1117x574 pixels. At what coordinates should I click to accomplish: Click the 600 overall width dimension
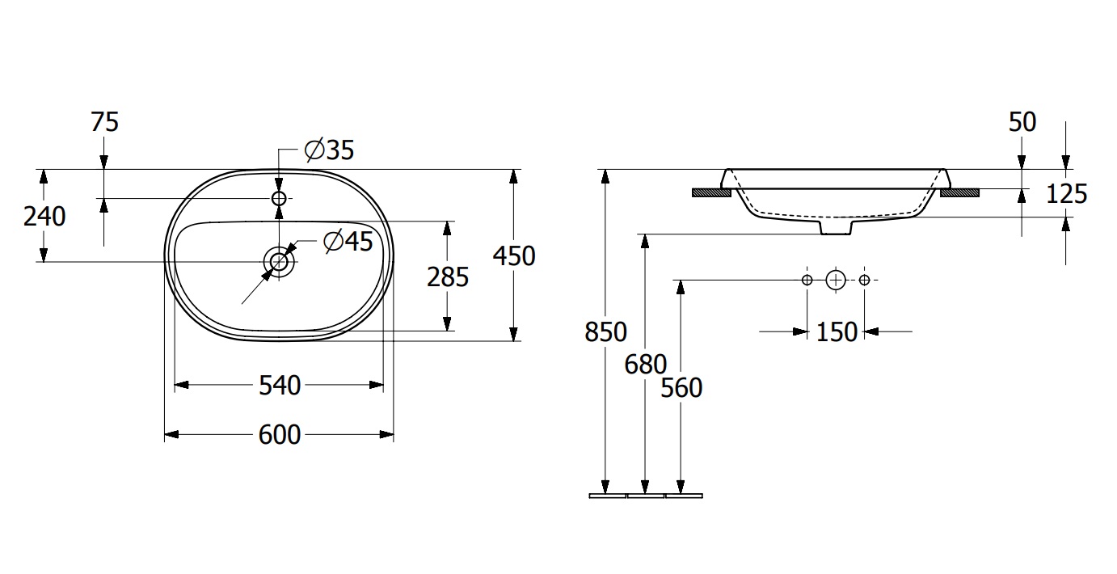pyautogui.click(x=280, y=435)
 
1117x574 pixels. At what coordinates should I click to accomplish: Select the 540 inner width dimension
pyautogui.click(x=280, y=386)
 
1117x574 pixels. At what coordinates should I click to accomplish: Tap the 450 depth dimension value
pyautogui.click(x=514, y=255)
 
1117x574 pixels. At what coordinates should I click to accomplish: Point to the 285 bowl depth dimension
pyautogui.click(x=448, y=277)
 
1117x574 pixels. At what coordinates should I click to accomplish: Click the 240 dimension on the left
pyautogui.click(x=44, y=217)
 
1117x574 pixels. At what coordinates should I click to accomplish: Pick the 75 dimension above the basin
pyautogui.click(x=105, y=122)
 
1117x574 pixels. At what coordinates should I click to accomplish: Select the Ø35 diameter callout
pyautogui.click(x=329, y=150)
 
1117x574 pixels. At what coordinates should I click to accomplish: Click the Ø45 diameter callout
pyautogui.click(x=348, y=242)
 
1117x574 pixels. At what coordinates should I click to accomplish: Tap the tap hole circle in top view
pyautogui.click(x=280, y=199)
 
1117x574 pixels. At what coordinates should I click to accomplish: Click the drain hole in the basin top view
pyautogui.click(x=280, y=261)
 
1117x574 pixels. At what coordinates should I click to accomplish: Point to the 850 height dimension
pyautogui.click(x=605, y=332)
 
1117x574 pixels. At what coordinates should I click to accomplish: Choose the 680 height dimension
pyautogui.click(x=645, y=365)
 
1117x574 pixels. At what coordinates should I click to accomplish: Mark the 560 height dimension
pyautogui.click(x=681, y=388)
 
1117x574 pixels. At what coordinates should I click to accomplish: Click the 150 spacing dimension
pyautogui.click(x=837, y=332)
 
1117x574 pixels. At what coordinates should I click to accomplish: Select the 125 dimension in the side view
pyautogui.click(x=1067, y=194)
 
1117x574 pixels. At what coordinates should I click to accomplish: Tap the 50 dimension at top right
pyautogui.click(x=1022, y=122)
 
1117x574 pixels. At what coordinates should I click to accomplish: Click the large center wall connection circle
pyautogui.click(x=836, y=281)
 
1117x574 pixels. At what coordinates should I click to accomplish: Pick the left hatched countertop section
pyautogui.click(x=711, y=193)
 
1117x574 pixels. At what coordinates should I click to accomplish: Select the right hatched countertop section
pyautogui.click(x=960, y=193)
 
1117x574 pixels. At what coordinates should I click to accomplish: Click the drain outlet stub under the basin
pyautogui.click(x=836, y=227)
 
